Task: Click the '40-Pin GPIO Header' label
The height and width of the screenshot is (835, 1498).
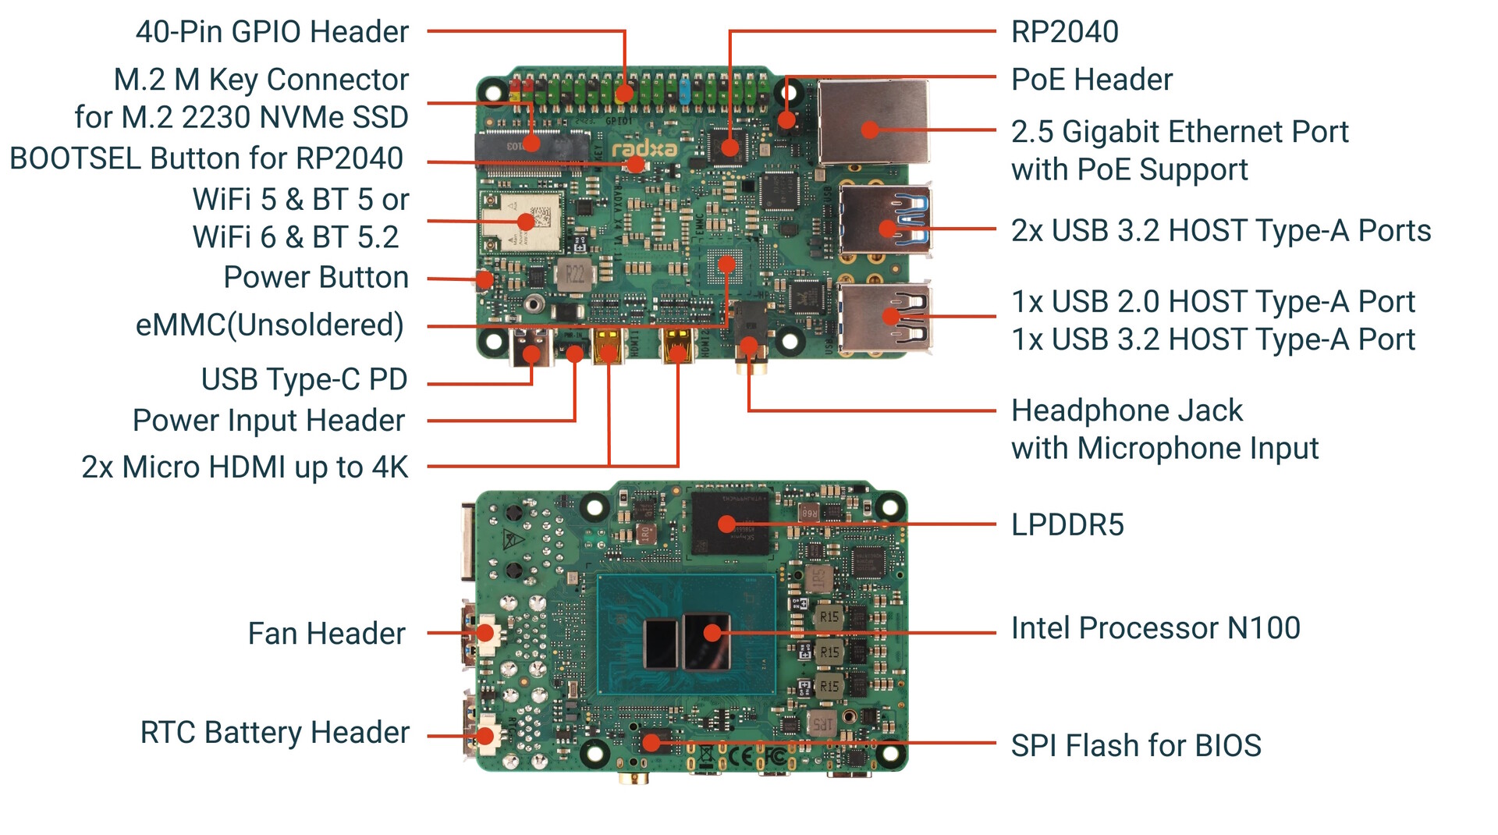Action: [272, 32]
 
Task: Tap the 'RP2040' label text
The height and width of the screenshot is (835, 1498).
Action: [1064, 32]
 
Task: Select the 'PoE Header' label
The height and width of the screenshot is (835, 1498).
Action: [1091, 80]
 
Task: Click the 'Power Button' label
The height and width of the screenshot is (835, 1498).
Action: [315, 278]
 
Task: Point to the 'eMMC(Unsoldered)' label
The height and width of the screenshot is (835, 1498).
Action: [269, 325]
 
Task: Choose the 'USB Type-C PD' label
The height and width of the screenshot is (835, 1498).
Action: [304, 379]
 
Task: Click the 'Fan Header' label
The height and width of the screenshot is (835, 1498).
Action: [326, 634]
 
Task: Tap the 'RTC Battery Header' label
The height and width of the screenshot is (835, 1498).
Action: [275, 733]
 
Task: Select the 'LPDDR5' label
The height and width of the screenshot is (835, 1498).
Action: [1067, 525]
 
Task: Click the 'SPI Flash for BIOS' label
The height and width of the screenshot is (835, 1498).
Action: [1135, 746]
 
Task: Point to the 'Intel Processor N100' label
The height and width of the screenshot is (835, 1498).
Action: [1155, 628]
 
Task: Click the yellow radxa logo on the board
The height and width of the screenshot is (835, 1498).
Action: [644, 148]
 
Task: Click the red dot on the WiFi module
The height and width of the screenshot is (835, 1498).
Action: [526, 222]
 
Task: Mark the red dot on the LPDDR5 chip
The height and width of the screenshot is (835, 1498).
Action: [726, 524]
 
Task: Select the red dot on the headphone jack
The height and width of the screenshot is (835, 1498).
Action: [748, 346]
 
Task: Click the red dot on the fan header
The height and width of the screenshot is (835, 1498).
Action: [485, 633]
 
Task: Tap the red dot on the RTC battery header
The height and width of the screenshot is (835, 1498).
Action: [485, 735]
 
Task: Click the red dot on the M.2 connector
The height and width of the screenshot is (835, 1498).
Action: [531, 144]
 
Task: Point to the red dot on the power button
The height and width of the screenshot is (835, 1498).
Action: [485, 279]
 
